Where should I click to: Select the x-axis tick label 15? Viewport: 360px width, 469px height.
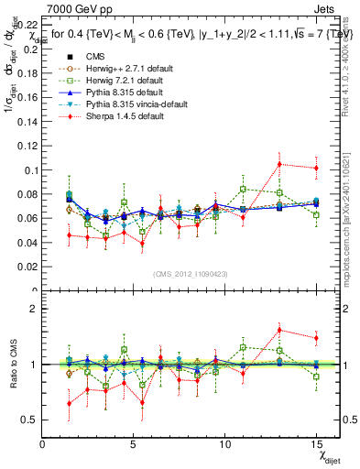(x=316, y=444)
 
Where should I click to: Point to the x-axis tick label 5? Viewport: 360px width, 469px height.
(x=134, y=444)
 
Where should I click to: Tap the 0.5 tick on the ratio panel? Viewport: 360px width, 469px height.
(x=31, y=420)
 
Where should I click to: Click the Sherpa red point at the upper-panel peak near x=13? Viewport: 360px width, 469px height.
(x=279, y=164)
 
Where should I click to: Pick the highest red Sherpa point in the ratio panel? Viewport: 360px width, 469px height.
(x=279, y=330)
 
